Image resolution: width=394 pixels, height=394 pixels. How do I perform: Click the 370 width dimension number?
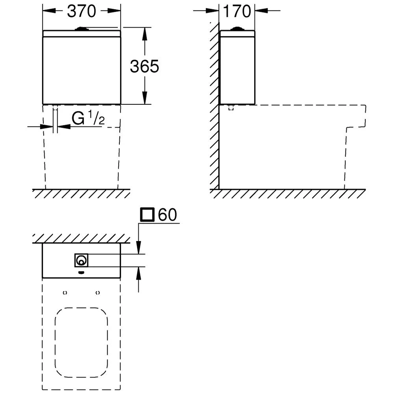82,11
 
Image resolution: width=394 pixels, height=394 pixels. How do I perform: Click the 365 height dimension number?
145,66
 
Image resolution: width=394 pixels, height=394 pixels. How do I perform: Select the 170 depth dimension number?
237,11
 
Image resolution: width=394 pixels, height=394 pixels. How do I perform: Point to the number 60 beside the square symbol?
167,215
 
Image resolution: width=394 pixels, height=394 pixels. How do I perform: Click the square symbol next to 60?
147,215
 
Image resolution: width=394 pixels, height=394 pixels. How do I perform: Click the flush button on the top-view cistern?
81,260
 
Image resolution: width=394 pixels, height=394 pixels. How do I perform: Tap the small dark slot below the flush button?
81,272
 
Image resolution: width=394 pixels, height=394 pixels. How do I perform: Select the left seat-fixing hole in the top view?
65,293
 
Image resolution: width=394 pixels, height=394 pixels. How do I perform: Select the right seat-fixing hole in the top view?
97,293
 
